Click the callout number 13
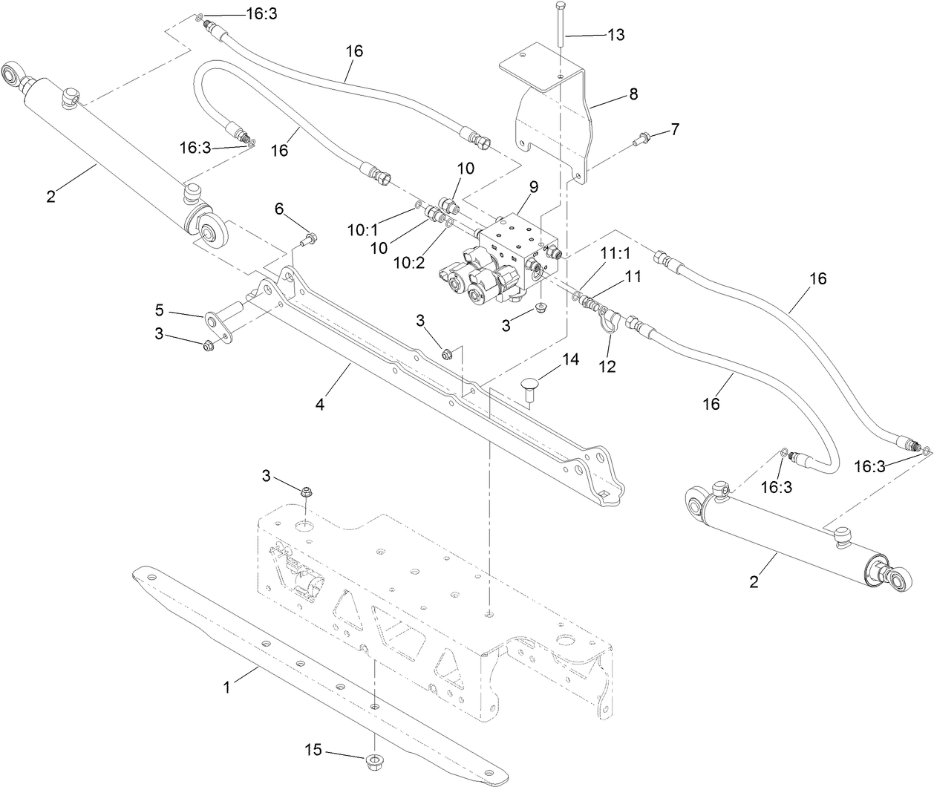pos(615,35)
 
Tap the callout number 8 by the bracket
pos(633,94)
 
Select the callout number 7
pos(674,129)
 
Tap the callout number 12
pos(608,367)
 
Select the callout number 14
pos(569,360)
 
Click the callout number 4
pos(320,406)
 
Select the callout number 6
pos(279,209)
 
